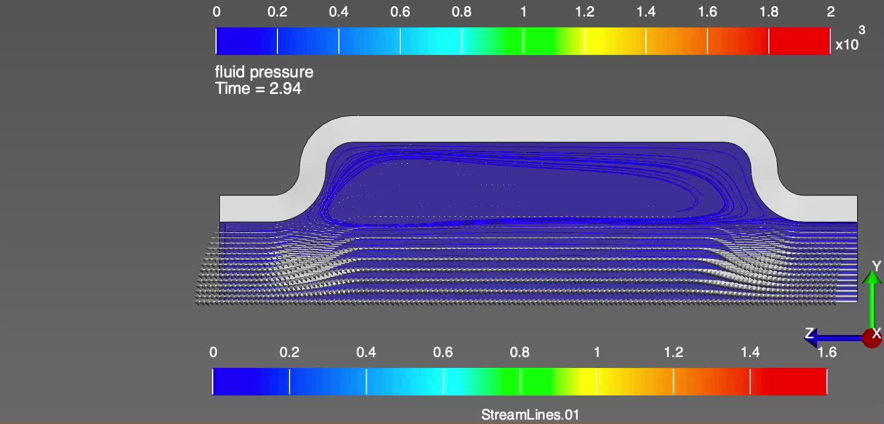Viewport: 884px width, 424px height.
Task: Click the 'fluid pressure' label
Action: [264, 72]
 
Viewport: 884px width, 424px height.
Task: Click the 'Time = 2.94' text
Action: [258, 88]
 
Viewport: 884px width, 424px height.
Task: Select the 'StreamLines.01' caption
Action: [530, 415]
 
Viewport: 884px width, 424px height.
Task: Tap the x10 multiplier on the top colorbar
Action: [846, 45]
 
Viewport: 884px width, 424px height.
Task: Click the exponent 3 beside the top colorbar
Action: [862, 30]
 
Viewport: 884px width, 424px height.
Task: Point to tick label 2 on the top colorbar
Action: [830, 12]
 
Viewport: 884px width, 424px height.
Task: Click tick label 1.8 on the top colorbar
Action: [769, 12]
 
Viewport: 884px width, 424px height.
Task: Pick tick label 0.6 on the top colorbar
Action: [400, 12]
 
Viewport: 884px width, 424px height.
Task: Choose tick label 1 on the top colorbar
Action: [523, 12]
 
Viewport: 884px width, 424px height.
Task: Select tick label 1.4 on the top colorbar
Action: [646, 12]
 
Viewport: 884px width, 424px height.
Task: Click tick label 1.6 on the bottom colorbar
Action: [826, 352]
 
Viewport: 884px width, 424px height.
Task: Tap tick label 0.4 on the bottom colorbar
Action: [366, 352]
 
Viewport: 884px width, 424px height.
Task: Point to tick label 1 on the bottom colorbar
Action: [597, 352]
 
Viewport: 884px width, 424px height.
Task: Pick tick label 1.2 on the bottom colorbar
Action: [673, 352]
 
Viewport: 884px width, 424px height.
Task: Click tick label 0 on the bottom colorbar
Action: [213, 352]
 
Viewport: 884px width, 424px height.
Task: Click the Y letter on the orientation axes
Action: [876, 266]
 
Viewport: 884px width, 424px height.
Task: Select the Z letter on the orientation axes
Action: [809, 333]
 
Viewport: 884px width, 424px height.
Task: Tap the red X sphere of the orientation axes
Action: [872, 337]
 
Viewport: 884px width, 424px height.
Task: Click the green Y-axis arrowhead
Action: [871, 277]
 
